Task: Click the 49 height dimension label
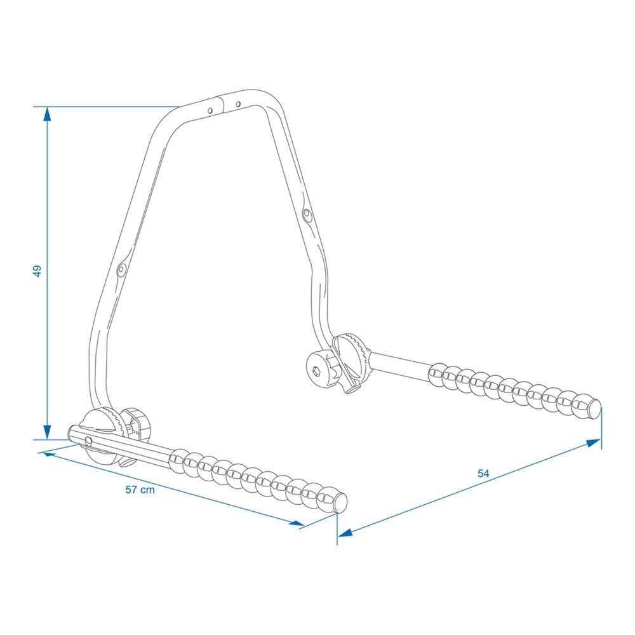37,271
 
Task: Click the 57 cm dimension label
140,490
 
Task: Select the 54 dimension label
483,473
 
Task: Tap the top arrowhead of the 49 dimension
48,114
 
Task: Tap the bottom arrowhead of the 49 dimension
48,432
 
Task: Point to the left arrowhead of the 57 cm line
50,455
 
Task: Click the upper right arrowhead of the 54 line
593,443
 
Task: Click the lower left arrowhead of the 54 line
345,533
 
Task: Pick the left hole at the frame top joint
210,110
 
